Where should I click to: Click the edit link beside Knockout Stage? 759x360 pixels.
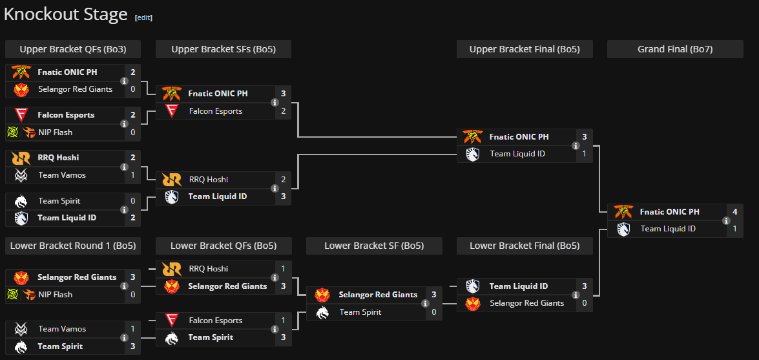143,17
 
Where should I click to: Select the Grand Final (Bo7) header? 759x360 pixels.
675,49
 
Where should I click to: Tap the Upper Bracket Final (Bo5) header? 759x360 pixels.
524,49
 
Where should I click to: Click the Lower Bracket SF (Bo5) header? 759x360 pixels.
374,246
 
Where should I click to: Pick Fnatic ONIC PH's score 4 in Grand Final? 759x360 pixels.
734,212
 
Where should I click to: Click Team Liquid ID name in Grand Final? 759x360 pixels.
668,229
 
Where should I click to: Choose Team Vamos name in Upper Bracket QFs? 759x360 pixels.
62,175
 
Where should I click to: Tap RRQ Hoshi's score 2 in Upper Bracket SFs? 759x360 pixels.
283,180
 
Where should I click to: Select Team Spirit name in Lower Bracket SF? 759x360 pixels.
360,312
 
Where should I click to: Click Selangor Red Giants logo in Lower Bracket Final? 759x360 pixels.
473,303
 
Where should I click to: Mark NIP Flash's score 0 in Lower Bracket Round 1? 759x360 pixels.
132,295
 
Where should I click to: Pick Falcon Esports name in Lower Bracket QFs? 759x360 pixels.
216,321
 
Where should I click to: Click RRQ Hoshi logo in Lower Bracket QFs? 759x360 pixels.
172,269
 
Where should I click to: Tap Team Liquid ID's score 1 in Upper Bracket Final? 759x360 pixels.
584,154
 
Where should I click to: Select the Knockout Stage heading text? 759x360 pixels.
66,15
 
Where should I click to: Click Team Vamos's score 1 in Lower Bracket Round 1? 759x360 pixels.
132,329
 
